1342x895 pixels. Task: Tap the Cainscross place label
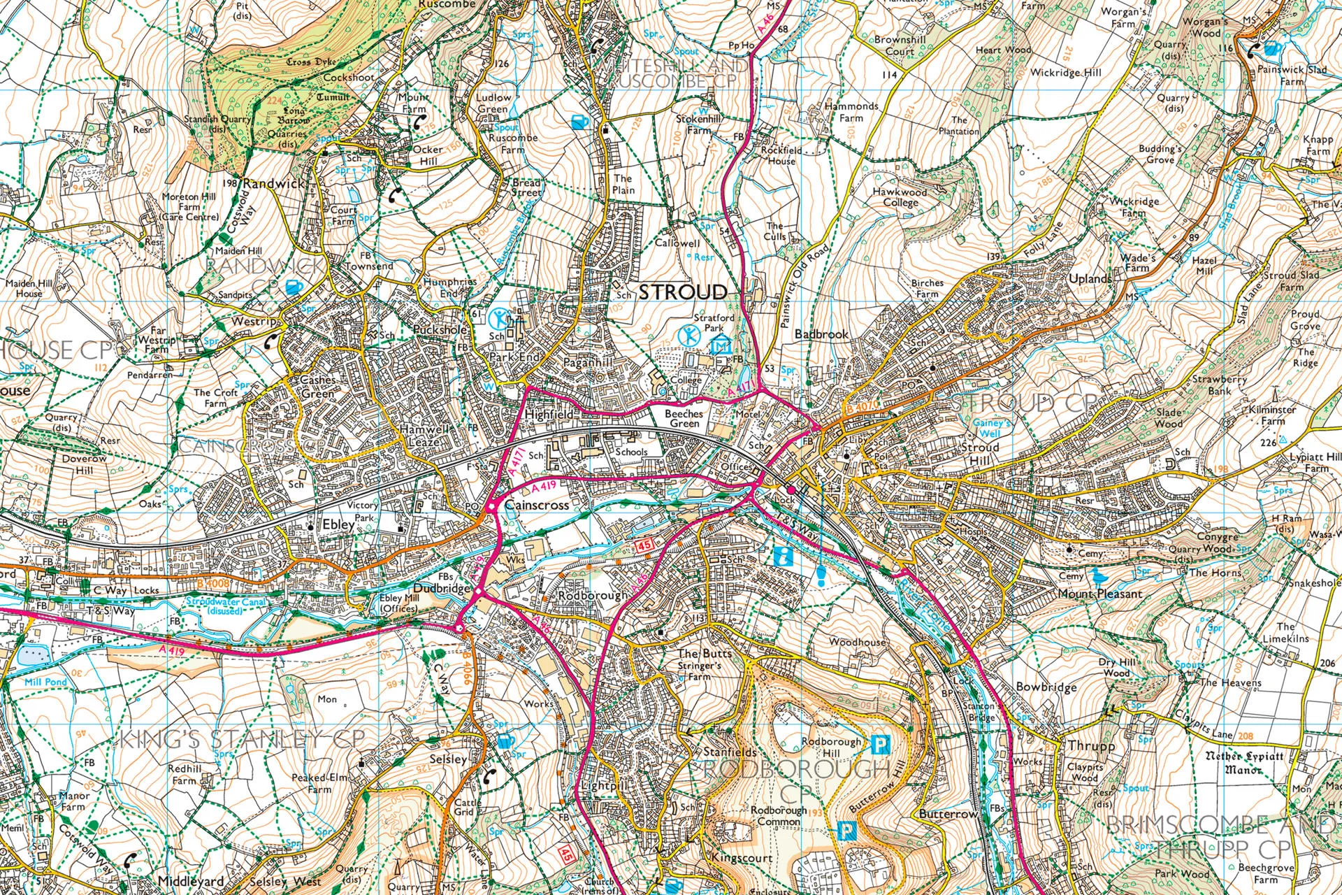(x=536, y=505)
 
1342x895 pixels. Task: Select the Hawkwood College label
(x=900, y=197)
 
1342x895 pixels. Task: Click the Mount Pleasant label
(x=1100, y=594)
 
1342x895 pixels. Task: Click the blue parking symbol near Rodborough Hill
(x=881, y=744)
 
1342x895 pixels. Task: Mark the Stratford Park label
(x=714, y=322)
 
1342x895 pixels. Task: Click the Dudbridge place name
(x=442, y=589)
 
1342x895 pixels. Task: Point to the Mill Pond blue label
(x=45, y=681)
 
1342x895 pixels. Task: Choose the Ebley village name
(x=334, y=524)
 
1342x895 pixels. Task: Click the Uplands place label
(x=1090, y=278)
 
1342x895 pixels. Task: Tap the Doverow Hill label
(x=84, y=464)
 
